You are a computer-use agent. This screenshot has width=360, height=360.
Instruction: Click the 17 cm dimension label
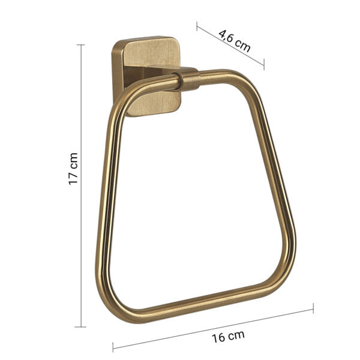[x=73, y=169]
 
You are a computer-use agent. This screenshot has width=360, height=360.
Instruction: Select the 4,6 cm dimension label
[x=234, y=40]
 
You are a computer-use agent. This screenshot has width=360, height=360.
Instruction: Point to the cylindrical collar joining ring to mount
[x=189, y=79]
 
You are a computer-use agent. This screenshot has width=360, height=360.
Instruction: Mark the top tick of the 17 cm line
[x=80, y=45]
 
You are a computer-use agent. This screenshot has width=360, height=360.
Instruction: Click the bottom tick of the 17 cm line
[x=80, y=327]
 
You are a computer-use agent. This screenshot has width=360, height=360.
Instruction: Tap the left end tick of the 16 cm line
[x=113, y=346]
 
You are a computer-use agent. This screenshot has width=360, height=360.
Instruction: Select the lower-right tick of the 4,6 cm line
[x=263, y=64]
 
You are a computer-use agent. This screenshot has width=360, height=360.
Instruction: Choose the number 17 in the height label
[x=73, y=178]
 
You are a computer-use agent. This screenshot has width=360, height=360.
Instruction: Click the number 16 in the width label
[x=218, y=337]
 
